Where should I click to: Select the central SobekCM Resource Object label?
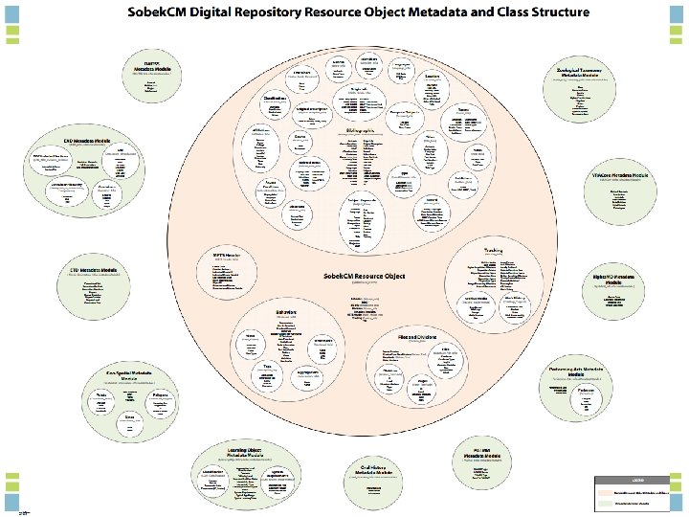point(364,276)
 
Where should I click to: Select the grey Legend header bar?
point(635,479)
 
